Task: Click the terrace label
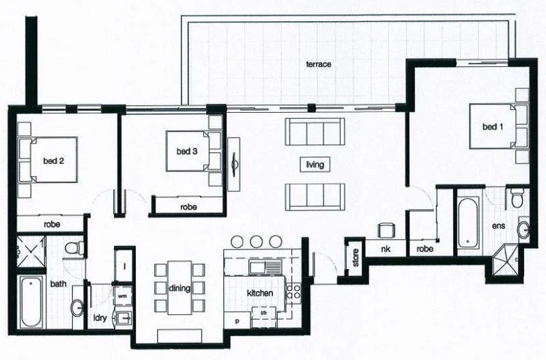318,64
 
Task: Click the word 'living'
315,165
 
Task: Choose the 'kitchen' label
260,293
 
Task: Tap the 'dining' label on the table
179,288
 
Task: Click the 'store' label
354,257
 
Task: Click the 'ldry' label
100,318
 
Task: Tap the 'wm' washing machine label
123,297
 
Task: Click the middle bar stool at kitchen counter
257,241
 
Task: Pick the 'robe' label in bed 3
189,206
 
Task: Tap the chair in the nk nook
386,231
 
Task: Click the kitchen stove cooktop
294,294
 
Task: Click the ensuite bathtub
469,221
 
